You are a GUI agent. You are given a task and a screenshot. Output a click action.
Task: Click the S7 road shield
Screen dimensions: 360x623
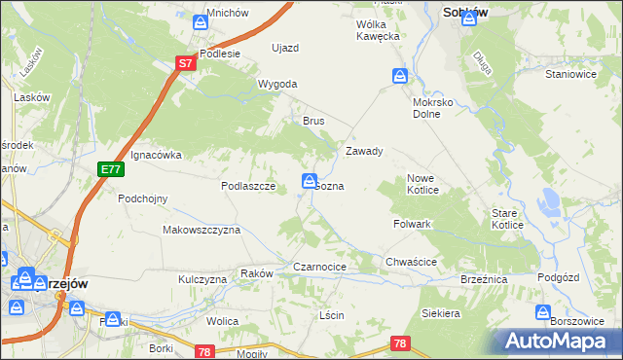[187, 63]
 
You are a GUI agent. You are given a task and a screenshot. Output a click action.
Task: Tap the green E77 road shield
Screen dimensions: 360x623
[111, 169]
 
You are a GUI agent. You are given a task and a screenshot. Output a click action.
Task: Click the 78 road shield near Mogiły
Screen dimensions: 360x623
[203, 351]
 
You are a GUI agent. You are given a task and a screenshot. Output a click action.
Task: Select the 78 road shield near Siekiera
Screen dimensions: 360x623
[399, 343]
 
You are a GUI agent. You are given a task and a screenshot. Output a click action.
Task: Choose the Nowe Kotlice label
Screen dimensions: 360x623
[426, 184]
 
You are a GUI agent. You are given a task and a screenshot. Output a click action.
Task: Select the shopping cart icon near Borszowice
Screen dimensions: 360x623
[543, 313]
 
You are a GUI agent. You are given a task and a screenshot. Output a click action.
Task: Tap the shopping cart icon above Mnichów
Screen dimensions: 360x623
[201, 21]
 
